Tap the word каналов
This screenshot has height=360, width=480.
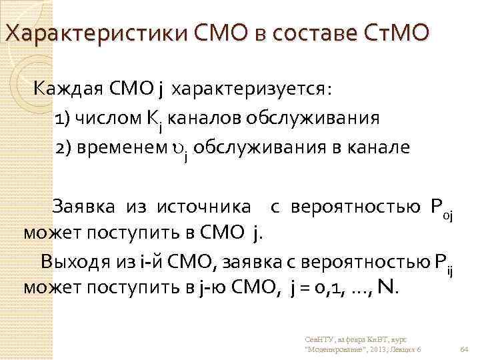[x=204, y=119]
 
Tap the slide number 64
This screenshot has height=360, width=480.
[x=464, y=347]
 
